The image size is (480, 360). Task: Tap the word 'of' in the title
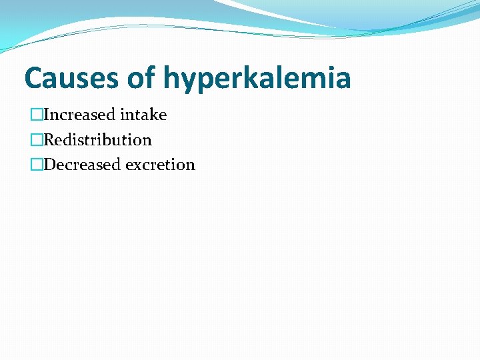[x=141, y=78]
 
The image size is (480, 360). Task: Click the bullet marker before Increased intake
[x=36, y=115]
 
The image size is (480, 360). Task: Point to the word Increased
[x=79, y=115]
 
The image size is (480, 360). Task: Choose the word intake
[x=143, y=115]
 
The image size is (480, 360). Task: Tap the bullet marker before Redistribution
[x=36, y=140]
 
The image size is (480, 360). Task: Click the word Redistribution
[x=97, y=140]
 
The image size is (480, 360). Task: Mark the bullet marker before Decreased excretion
[x=36, y=165]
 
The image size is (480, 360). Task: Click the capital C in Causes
[x=33, y=78]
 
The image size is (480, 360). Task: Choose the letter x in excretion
[x=137, y=166]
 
